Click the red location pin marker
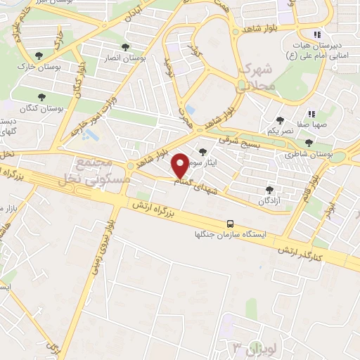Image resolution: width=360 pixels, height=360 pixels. (x=180, y=166)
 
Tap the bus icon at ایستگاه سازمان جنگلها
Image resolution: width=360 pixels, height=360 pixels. (x=230, y=224)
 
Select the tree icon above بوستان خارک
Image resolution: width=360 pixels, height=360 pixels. (x=39, y=56)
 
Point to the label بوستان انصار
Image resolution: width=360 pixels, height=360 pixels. (x=124, y=59)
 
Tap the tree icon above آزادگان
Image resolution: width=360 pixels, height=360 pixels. (x=269, y=189)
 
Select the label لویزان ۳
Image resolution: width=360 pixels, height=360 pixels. (x=250, y=347)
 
